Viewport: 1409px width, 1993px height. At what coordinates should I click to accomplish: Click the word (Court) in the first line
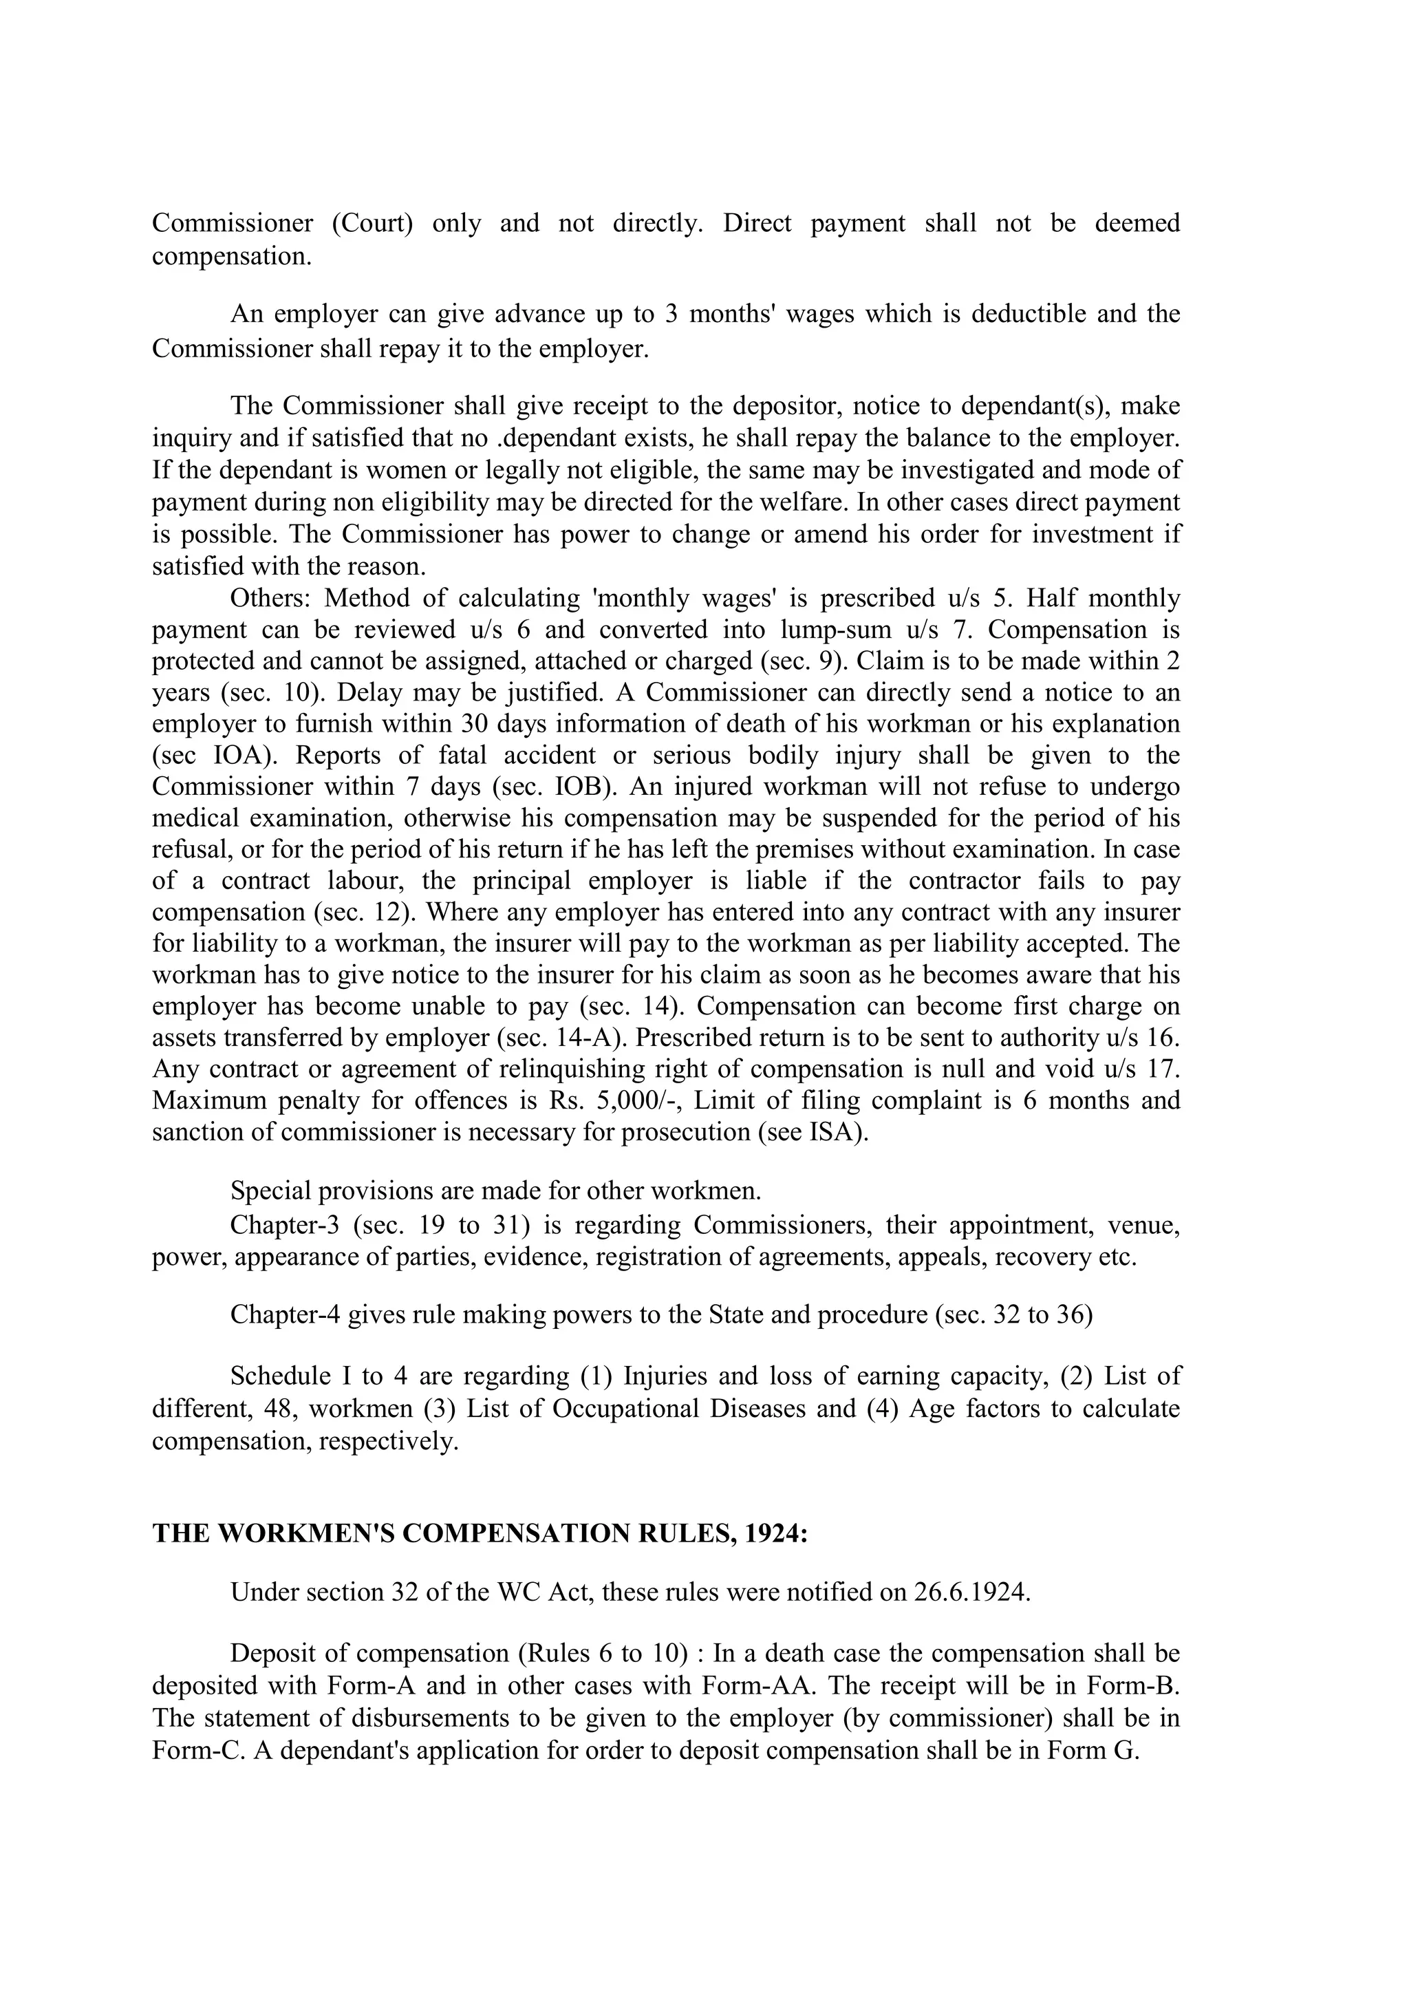(372, 224)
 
